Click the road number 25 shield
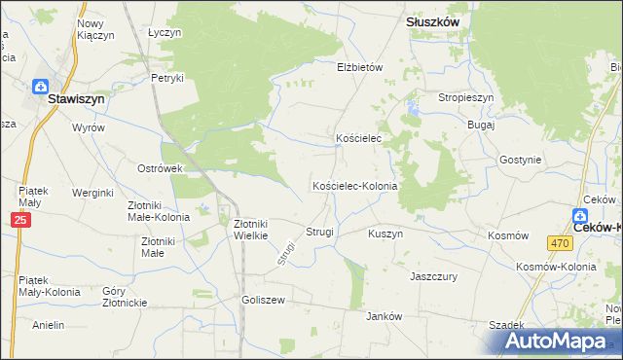coord(20,222)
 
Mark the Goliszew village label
coord(263,301)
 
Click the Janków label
coord(383,316)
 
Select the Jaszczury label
coord(433,276)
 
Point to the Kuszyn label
coord(385,234)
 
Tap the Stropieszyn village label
coord(466,98)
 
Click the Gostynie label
coord(518,159)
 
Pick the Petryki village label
coord(167,78)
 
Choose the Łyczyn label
coord(165,32)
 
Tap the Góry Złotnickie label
coord(125,297)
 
